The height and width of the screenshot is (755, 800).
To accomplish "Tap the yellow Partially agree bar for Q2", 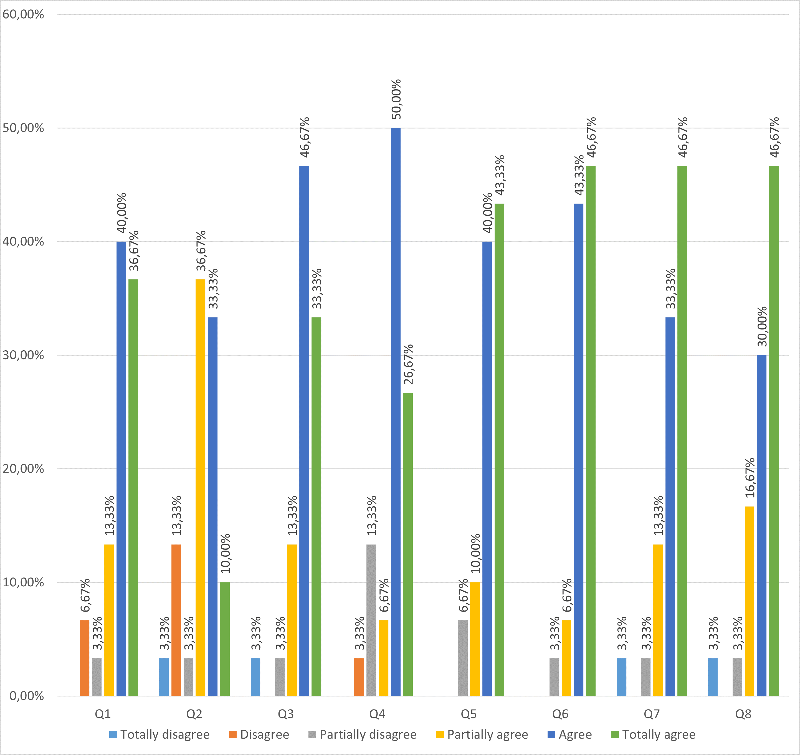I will click(x=200, y=487).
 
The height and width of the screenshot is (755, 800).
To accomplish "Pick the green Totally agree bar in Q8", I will click(x=773, y=431).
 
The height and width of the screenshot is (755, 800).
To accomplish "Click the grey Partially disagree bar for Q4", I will click(x=371, y=620).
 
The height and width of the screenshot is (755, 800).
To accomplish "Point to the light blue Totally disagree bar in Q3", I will click(x=255, y=677).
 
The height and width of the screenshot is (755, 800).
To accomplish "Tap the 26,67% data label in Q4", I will click(x=408, y=364).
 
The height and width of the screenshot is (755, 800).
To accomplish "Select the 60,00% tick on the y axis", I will click(x=23, y=14).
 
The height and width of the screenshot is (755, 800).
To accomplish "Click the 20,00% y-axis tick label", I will click(x=23, y=468).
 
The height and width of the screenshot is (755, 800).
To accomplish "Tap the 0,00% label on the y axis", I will click(x=27, y=696).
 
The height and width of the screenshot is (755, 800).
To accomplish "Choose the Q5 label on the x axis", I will click(x=469, y=714).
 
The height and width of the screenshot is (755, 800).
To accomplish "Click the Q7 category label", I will click(x=652, y=714).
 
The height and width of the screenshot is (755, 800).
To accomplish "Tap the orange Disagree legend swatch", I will click(x=233, y=734).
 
